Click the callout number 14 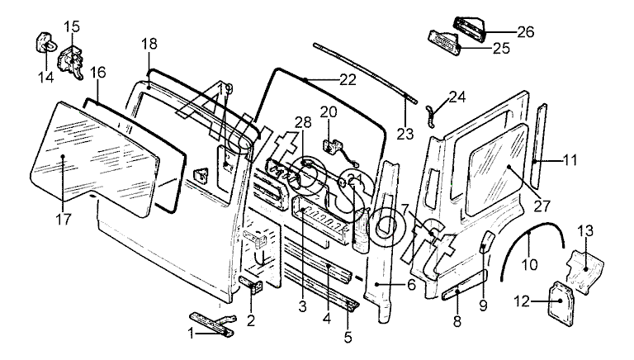click(x=45, y=78)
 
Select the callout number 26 click(x=525, y=32)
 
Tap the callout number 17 click(x=64, y=219)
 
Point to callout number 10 click(x=528, y=264)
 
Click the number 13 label click(x=584, y=230)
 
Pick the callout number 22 click(x=347, y=80)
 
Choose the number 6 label click(x=410, y=285)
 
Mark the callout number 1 click(x=191, y=334)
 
